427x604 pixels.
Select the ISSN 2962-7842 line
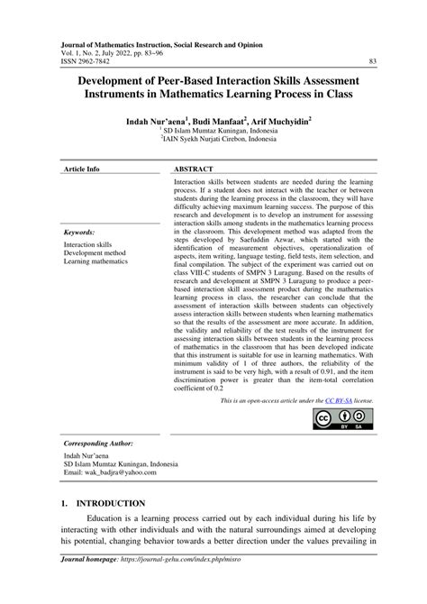87,60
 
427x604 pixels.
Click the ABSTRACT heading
194,144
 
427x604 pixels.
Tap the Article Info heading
81,144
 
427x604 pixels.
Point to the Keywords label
79,233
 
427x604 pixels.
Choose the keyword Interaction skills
88,244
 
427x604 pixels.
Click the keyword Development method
95,254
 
